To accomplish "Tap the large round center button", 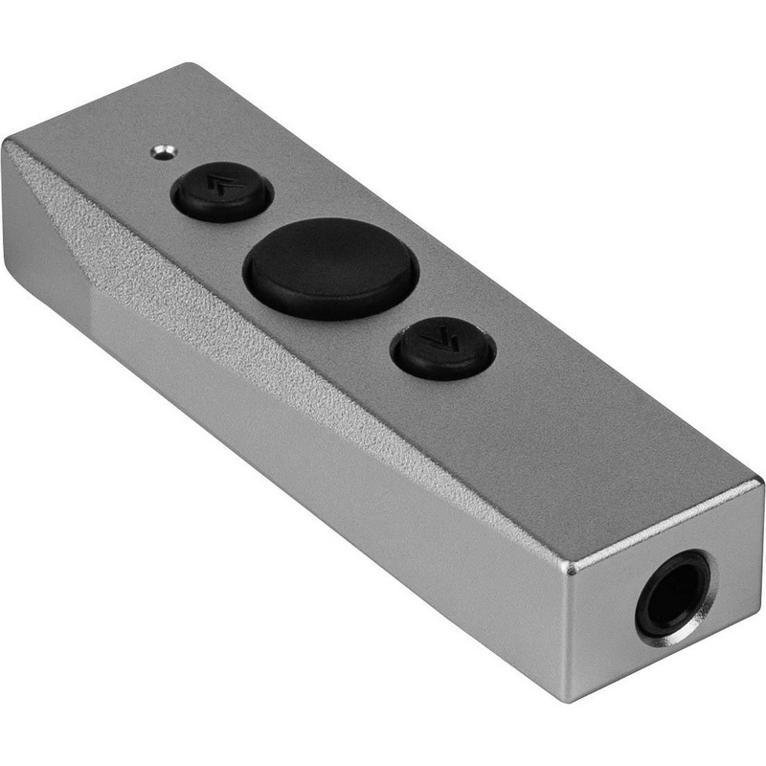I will [330, 268].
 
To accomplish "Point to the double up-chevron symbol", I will [221, 189].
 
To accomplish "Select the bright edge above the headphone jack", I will [661, 522].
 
